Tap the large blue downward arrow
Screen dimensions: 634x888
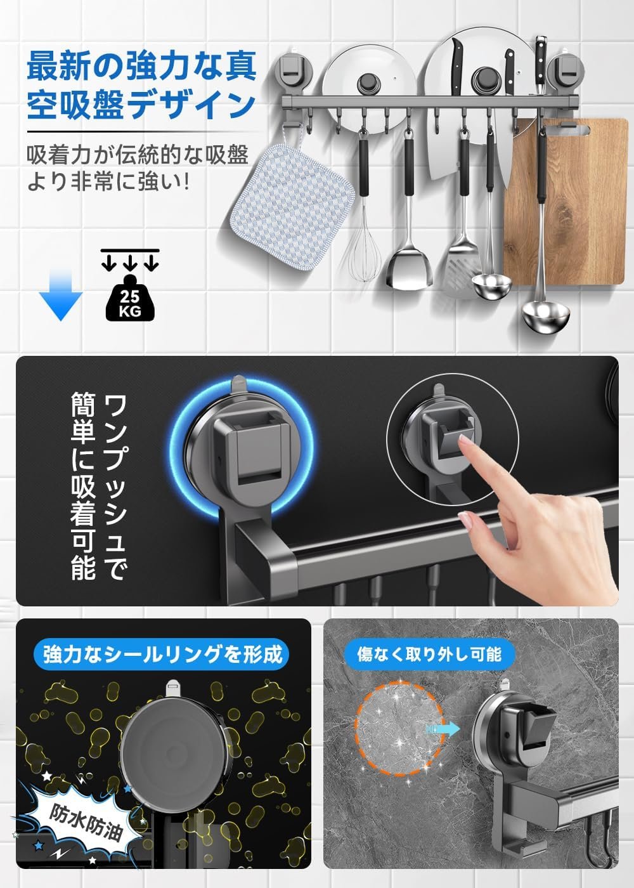61,294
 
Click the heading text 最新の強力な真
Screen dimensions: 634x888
141,65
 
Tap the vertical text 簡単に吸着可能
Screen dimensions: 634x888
83,486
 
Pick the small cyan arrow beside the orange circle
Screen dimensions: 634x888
443,729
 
